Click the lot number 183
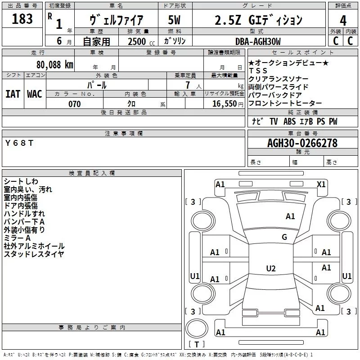click(x=22, y=19)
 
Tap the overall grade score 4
click(x=343, y=21)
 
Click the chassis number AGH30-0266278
click(x=302, y=143)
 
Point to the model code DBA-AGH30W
click(x=258, y=41)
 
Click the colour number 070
click(x=74, y=104)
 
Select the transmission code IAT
click(x=13, y=94)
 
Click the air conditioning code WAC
click(x=35, y=94)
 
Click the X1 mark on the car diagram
click(x=321, y=184)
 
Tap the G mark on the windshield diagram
click(x=284, y=237)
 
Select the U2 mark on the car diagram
click(x=270, y=269)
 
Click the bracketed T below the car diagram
click(x=196, y=345)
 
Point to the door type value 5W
click(x=174, y=20)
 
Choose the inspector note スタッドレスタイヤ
click(x=34, y=254)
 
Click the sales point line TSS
click(x=258, y=71)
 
